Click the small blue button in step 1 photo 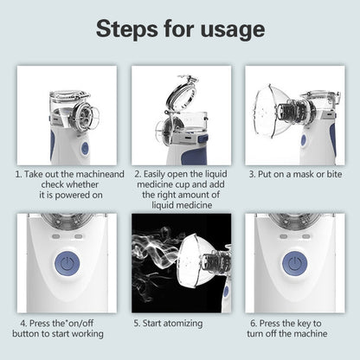pyautogui.click(x=85, y=148)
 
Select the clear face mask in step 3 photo pyautogui.click(x=273, y=112)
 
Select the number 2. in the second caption pyautogui.click(x=138, y=174)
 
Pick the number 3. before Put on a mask pyautogui.click(x=252, y=174)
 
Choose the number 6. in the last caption pyautogui.click(x=251, y=323)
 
